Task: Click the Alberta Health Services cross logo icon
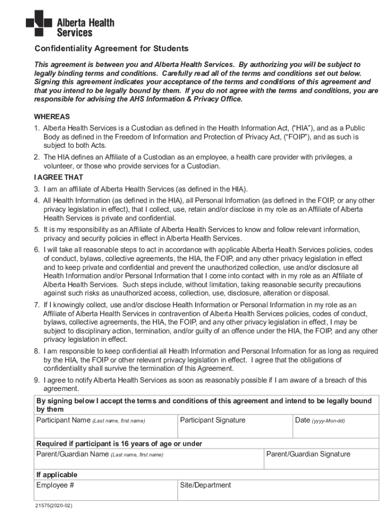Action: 39,23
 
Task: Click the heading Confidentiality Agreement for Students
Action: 111,49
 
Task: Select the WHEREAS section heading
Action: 52,116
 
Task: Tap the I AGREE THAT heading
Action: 58,177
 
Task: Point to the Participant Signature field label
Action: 213,420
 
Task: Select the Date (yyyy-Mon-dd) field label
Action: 319,420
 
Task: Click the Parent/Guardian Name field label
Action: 100,454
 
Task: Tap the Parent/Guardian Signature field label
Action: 308,454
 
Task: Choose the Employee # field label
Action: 55,485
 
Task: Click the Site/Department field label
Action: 206,485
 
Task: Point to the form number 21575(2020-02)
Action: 50,507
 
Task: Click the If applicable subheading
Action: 56,475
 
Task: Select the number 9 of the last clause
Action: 37,380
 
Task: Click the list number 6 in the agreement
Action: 37,250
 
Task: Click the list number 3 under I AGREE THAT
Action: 37,189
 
